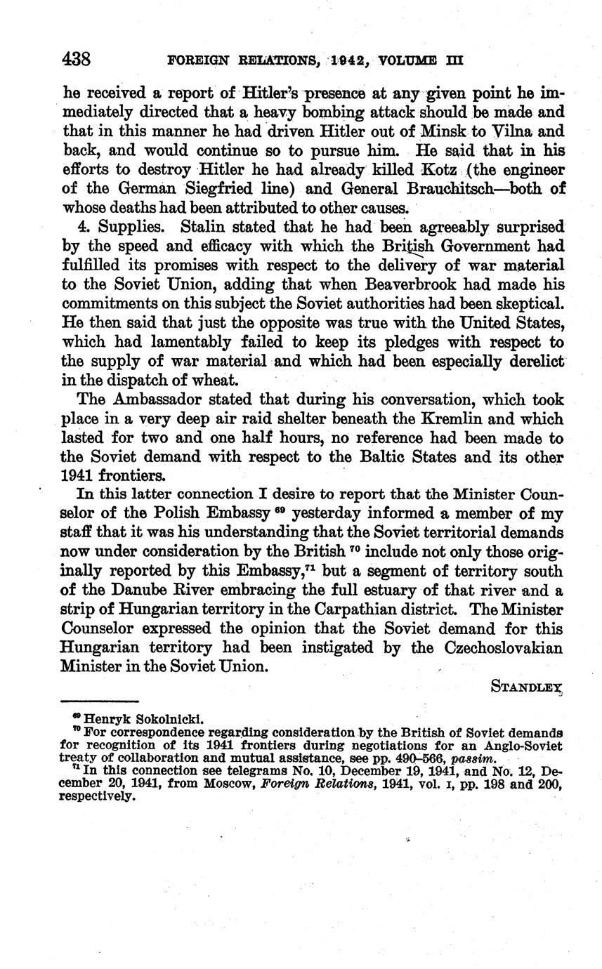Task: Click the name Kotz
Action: (x=438, y=170)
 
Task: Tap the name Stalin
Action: (x=202, y=227)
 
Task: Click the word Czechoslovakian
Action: (x=504, y=647)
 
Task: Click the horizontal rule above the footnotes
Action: (x=100, y=701)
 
